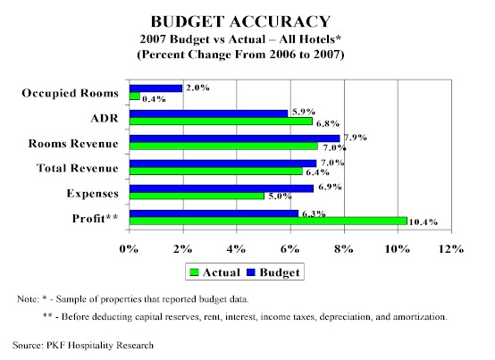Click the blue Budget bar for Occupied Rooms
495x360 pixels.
click(x=156, y=88)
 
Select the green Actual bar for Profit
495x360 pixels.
click(x=268, y=221)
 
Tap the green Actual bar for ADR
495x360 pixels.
click(x=221, y=121)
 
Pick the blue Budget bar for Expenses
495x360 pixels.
click(x=222, y=188)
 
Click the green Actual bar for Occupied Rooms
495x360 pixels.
click(x=135, y=96)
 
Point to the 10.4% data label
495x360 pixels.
click(x=424, y=222)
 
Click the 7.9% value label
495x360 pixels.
click(x=356, y=138)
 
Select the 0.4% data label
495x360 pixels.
click(x=154, y=99)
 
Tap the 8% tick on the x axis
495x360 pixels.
click(x=344, y=249)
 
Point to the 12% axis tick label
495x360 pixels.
click(x=451, y=249)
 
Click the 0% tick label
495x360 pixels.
click(x=129, y=249)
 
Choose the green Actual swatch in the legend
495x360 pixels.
click(x=194, y=272)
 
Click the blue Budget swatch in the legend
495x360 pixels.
click(x=251, y=272)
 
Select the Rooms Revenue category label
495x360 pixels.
click(x=73, y=144)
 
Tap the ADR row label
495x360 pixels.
click(x=105, y=118)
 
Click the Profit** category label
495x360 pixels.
click(x=96, y=218)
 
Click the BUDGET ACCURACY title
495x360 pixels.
click(x=240, y=21)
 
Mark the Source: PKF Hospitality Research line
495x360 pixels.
click(x=83, y=345)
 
